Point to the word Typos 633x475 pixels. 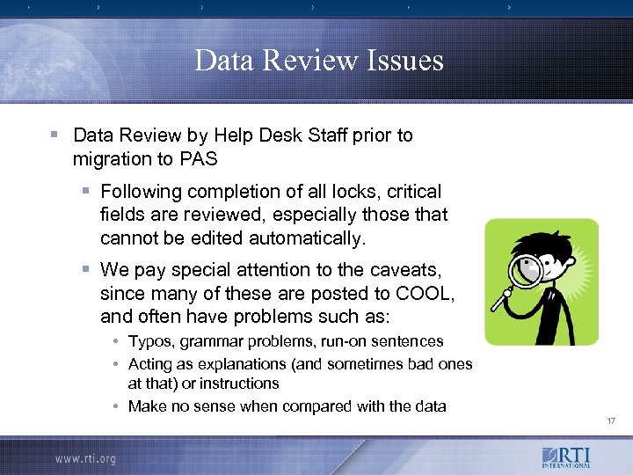(151, 341)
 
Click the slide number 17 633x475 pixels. (611, 421)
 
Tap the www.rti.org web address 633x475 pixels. (85, 458)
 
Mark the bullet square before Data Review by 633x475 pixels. (55, 135)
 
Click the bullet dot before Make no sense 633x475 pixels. (116, 406)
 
